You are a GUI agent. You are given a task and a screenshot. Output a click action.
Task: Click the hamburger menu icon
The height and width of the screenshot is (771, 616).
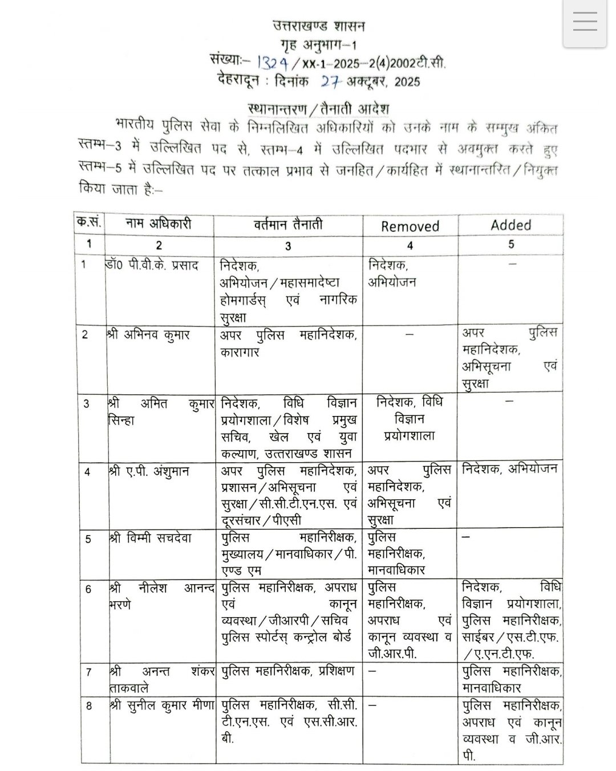[585, 23]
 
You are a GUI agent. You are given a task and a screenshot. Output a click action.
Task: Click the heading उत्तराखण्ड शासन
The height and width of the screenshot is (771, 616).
[318, 26]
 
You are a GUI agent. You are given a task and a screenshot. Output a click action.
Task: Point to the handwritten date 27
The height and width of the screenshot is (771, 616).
[331, 81]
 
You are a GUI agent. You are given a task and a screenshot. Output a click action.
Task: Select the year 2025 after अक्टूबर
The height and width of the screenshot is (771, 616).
[407, 82]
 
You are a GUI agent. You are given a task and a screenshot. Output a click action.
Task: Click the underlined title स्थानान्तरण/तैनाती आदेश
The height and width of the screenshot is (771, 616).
[319, 108]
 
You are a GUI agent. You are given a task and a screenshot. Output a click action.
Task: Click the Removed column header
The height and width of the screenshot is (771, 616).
[410, 226]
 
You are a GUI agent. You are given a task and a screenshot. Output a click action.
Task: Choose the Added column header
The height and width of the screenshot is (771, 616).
[510, 225]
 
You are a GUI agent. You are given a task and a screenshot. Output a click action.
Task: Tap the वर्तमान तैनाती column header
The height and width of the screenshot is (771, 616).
[288, 224]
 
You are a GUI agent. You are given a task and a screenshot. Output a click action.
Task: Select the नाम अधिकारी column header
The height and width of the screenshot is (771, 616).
[159, 224]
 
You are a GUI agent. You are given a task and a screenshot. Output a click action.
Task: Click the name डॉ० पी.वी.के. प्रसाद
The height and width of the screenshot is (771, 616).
[152, 266]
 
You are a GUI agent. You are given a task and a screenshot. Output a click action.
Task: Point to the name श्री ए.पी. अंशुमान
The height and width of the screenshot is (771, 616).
[149, 472]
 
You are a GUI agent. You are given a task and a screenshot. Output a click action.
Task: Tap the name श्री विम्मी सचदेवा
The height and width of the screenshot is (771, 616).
[151, 538]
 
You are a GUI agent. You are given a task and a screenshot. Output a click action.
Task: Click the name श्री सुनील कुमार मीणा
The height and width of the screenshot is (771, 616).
[161, 705]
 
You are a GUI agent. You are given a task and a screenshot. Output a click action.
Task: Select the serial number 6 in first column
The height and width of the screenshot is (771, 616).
[88, 589]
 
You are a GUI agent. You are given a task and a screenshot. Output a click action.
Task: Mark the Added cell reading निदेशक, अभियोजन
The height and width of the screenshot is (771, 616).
[509, 470]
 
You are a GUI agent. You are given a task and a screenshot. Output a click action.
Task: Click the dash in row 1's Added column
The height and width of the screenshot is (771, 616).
[512, 264]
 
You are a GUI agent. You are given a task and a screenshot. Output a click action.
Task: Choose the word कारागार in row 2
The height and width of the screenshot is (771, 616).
[240, 352]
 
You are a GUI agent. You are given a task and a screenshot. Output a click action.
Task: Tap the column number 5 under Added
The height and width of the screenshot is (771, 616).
[511, 244]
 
